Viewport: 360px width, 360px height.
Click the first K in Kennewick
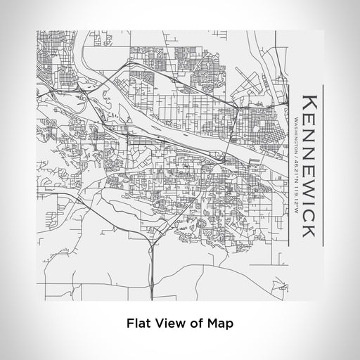tap(309, 101)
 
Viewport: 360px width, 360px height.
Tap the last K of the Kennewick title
tap(309, 230)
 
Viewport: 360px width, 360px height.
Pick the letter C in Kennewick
tap(309, 212)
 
